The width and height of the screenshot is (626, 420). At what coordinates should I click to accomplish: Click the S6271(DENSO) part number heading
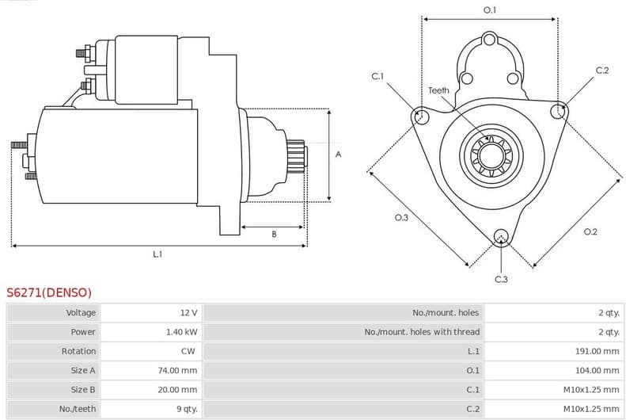coord(49,292)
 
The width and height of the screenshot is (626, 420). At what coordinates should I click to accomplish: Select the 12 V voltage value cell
coord(188,313)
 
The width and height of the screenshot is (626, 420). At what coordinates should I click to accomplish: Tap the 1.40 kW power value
coord(181,332)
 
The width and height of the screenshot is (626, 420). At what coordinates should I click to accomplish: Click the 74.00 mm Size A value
coord(177,370)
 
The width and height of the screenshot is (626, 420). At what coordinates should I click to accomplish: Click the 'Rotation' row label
coord(78,351)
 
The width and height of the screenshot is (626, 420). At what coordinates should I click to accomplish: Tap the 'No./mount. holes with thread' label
coord(422,332)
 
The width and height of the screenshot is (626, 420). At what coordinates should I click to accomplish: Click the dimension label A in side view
coord(338,155)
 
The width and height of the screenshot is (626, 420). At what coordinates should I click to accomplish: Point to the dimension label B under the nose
coord(274,234)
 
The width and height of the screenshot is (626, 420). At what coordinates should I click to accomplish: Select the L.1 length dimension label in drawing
coord(157,254)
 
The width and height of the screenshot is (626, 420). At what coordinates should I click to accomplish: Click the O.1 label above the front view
coord(490,10)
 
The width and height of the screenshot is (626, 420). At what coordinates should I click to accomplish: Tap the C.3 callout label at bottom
coord(501,279)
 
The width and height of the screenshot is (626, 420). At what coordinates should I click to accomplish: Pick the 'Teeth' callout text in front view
coord(438,90)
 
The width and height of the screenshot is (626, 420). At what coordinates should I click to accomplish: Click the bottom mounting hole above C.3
coord(500,236)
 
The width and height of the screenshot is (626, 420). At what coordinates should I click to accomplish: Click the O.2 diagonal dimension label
coord(590,231)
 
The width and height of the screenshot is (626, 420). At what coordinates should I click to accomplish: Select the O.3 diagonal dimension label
coord(401,217)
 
